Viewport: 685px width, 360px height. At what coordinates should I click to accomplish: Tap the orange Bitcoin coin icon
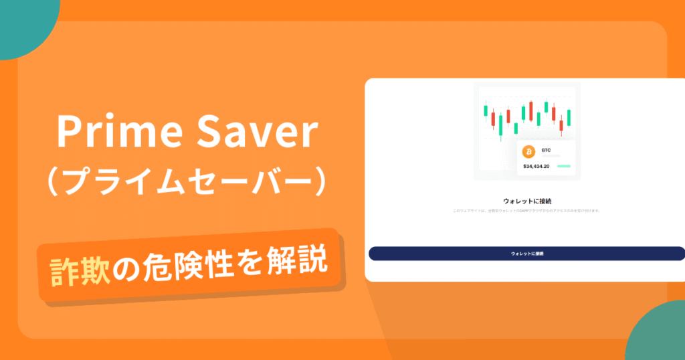tap(528, 152)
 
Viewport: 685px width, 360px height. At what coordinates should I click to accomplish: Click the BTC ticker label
tap(546, 151)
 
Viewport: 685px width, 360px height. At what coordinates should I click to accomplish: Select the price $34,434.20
tap(536, 166)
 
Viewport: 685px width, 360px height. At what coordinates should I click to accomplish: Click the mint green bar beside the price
tap(563, 166)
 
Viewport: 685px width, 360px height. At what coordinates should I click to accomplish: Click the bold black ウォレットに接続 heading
tap(526, 201)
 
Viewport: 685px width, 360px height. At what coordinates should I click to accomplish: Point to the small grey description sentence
tap(526, 211)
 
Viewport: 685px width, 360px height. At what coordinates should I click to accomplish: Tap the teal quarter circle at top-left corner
tap(23, 23)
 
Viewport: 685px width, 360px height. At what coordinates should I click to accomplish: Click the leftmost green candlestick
tap(484, 111)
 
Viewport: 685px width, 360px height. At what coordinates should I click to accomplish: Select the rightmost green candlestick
tap(569, 117)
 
